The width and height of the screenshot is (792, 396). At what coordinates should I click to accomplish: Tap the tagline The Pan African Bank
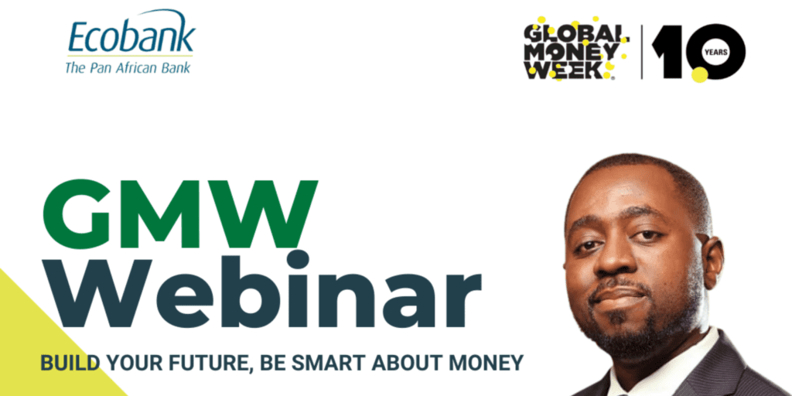(x=128, y=67)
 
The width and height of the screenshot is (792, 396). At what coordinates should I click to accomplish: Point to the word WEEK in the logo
(x=567, y=70)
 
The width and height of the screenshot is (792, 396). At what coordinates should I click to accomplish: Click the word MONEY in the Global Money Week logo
(x=571, y=52)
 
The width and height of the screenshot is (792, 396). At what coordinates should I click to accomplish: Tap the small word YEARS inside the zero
(x=717, y=52)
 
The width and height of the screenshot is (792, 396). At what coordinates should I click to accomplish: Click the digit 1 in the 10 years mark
(x=665, y=52)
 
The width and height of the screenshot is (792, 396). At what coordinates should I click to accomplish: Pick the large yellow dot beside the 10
(x=699, y=75)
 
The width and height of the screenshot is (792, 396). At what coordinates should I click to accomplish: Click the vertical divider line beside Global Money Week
(x=642, y=52)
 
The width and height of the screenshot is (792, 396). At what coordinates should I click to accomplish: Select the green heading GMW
(x=180, y=213)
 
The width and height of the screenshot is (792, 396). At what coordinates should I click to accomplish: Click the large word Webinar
(x=262, y=289)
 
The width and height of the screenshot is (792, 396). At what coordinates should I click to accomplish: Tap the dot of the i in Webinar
(x=297, y=259)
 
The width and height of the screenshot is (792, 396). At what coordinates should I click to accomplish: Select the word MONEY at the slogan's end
(x=486, y=362)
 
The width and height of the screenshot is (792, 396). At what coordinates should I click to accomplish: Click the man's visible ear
(x=714, y=261)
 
